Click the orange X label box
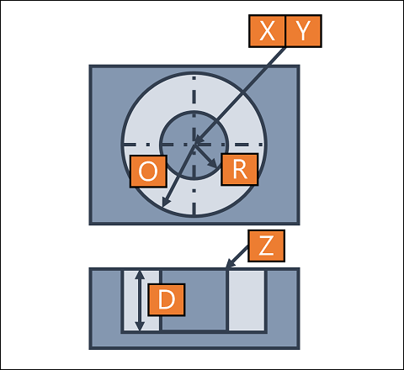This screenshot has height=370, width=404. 267,31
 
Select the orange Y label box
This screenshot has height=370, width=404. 303,31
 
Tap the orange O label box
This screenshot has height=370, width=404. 148,172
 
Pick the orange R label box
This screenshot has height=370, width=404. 240,169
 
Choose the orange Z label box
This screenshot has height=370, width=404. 266,246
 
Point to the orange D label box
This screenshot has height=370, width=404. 167,299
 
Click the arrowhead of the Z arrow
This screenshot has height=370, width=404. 229,265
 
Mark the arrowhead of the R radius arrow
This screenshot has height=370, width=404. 214,165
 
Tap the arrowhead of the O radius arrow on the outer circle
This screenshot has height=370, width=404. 166,203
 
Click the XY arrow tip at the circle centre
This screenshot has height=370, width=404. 197,140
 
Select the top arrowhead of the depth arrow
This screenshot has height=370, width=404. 140,275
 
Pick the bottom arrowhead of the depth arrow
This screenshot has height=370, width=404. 140,326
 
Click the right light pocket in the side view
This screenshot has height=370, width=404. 247,300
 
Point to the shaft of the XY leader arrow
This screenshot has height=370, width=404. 241,94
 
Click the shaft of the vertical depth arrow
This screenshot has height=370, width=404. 140,300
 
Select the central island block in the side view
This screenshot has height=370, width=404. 194,300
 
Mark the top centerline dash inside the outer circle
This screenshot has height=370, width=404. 194,78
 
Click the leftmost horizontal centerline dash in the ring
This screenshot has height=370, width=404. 130,145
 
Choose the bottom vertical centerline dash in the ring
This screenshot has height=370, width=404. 194,209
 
